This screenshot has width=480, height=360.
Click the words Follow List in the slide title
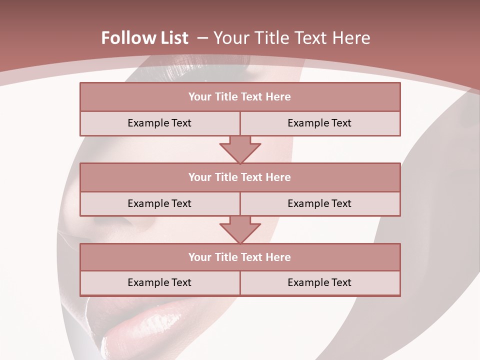(144, 38)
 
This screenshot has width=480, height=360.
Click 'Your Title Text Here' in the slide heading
(291, 38)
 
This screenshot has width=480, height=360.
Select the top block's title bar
(240, 97)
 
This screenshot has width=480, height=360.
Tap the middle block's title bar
(240, 177)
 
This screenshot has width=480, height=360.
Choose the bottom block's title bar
(240, 257)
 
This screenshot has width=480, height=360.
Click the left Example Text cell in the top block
(159, 123)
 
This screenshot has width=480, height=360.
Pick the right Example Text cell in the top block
(319, 123)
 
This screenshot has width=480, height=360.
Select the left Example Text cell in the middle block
(159, 203)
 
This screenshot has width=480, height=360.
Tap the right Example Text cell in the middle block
(319, 203)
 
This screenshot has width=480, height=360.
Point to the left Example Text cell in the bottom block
(159, 282)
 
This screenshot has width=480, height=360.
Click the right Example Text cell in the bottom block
(319, 282)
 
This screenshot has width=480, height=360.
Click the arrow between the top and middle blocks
(240, 149)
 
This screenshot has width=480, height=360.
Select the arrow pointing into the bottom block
(240, 229)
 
